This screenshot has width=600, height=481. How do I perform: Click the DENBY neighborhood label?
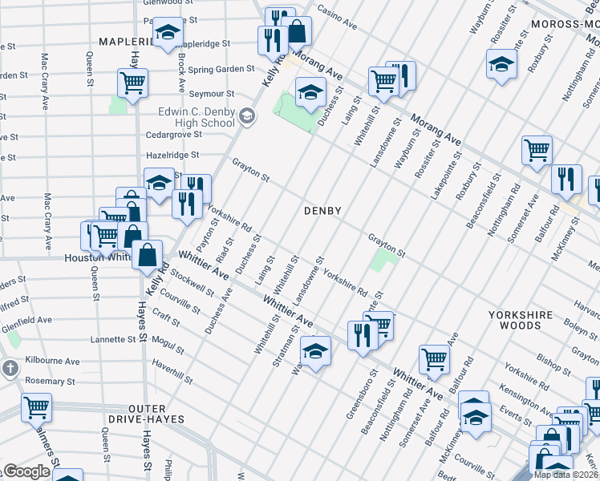click(x=322, y=211)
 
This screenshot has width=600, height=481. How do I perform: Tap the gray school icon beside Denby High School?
click(x=247, y=117)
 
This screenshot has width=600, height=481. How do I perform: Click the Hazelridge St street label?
click(x=172, y=155)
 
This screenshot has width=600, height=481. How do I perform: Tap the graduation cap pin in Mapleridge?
click(x=168, y=33)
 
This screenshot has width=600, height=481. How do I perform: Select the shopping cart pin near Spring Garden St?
click(x=132, y=82)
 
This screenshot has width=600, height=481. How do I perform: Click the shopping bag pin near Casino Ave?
click(x=297, y=30)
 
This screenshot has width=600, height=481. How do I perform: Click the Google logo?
click(x=26, y=471)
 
